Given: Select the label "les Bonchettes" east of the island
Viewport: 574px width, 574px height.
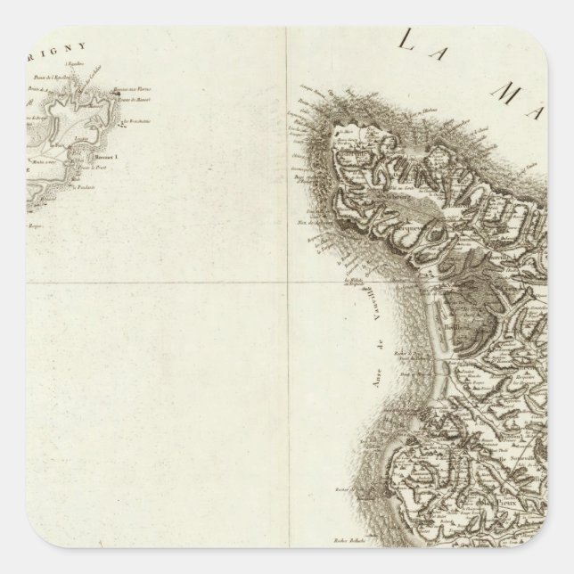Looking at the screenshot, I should point(133,120).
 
